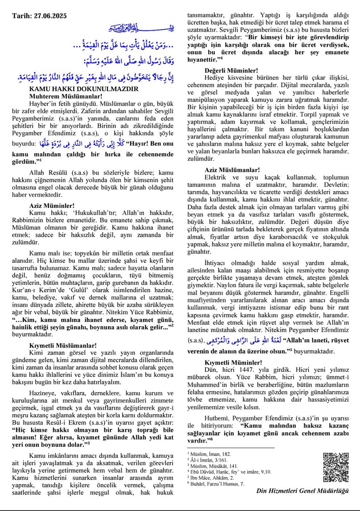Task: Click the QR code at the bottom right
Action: (x=334, y=467)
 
